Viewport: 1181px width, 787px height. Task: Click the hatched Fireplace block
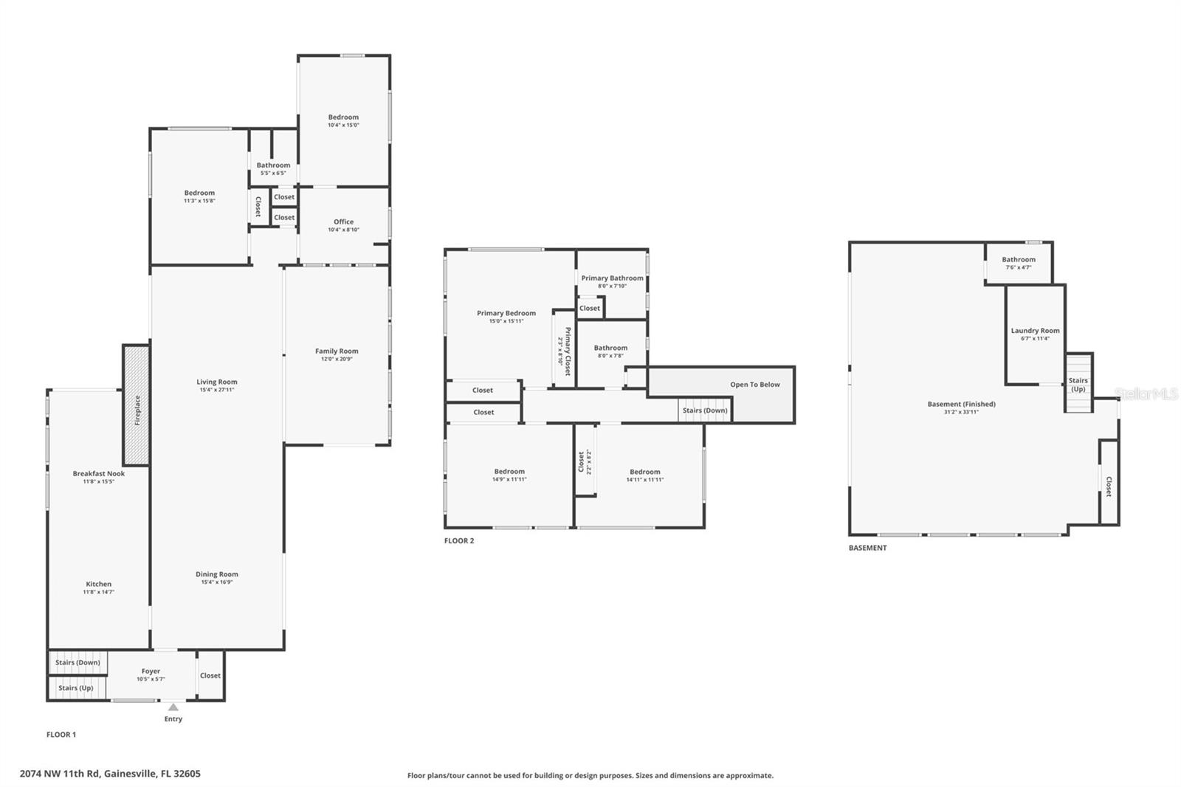point(136,405)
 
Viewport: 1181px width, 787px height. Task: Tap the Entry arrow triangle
point(173,707)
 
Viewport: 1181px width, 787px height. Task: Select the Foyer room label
point(151,671)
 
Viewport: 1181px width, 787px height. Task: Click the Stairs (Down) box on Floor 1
point(78,662)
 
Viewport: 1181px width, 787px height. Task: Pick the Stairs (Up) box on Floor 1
point(75,687)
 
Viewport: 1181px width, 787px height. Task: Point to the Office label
point(343,221)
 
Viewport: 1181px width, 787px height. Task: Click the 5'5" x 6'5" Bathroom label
point(273,169)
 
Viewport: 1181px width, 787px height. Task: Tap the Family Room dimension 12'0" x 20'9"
point(337,360)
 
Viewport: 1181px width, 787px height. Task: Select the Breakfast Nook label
point(98,473)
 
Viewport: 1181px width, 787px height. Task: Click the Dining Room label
point(217,574)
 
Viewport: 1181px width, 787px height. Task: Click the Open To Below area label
point(754,385)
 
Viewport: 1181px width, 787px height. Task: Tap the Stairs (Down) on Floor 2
point(704,410)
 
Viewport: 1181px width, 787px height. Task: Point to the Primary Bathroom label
point(612,278)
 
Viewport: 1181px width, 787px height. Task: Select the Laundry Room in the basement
point(1035,331)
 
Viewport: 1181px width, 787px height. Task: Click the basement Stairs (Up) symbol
point(1078,384)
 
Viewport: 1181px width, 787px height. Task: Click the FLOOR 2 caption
point(459,540)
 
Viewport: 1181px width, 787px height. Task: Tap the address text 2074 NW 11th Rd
point(110,774)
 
